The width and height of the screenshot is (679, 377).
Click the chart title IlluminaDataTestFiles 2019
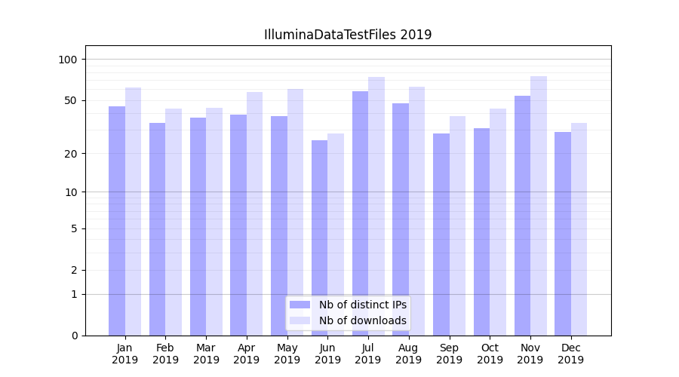[347, 35]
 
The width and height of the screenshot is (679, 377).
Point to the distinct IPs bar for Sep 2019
[441, 234]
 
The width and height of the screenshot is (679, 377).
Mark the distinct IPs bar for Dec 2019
[563, 233]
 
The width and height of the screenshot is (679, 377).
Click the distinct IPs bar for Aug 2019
[401, 219]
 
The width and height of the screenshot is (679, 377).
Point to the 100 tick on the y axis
[68, 60]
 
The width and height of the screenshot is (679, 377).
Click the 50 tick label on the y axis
[70, 100]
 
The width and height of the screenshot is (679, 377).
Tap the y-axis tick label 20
[70, 154]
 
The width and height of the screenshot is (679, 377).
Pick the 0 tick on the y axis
[74, 336]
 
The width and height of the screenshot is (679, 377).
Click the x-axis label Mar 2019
[206, 354]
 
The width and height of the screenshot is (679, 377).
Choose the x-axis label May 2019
[287, 354]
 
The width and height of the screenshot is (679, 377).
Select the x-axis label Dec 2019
[570, 354]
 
